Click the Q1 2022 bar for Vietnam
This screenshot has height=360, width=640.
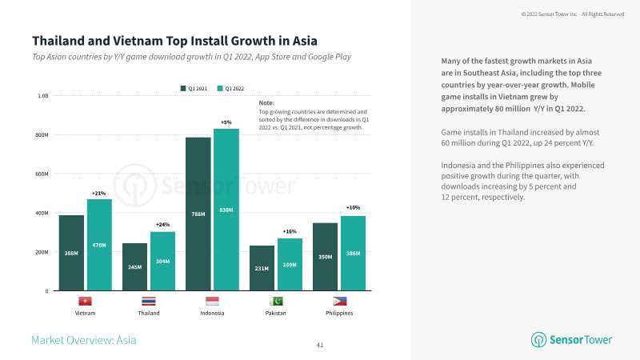(x=99, y=244)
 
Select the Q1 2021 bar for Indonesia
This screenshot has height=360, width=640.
(x=198, y=214)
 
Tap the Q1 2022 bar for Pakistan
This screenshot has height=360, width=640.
(x=290, y=264)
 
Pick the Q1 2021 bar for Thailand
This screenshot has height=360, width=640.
(x=134, y=266)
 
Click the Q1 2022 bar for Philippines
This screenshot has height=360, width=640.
(x=353, y=253)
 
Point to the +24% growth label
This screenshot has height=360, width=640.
(x=162, y=225)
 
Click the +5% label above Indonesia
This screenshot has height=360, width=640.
(x=226, y=122)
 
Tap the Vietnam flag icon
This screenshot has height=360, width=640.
(x=85, y=302)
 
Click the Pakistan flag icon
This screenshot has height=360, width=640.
(x=275, y=302)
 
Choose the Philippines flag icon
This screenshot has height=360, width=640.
(x=339, y=302)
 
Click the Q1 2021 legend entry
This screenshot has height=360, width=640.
(x=193, y=87)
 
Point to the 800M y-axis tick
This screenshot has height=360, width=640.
(x=41, y=134)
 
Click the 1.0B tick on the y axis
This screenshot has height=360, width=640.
(x=43, y=95)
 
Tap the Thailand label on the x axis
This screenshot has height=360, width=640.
(x=149, y=313)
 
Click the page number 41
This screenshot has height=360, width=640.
(x=320, y=345)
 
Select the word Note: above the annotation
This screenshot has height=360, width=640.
(x=266, y=103)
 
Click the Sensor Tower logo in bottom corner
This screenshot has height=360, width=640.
(x=572, y=339)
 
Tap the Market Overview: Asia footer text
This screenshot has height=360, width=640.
(x=84, y=340)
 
